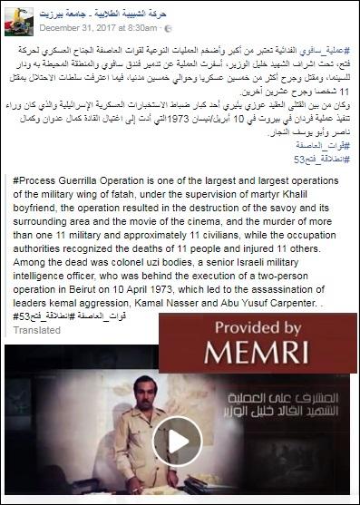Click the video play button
point(176,439)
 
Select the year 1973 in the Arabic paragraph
point(173,121)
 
